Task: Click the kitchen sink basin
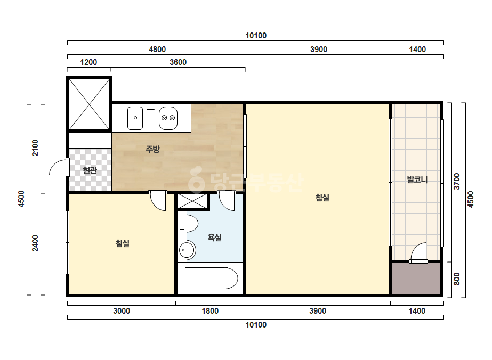[135, 118]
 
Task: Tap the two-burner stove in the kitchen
[168, 118]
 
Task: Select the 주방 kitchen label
[153, 149]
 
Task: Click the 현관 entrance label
[90, 170]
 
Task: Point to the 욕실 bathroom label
[215, 237]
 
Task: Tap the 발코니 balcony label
[417, 179]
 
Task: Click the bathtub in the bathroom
[211, 278]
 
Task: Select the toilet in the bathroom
[188, 224]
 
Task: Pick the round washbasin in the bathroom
[187, 250]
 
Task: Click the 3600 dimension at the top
[178, 62]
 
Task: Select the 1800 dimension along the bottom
[210, 311]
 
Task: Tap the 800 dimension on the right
[456, 279]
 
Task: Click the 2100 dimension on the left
[35, 148]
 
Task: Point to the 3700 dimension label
[456, 181]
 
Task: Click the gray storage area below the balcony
[416, 278]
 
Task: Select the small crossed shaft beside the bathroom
[192, 201]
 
